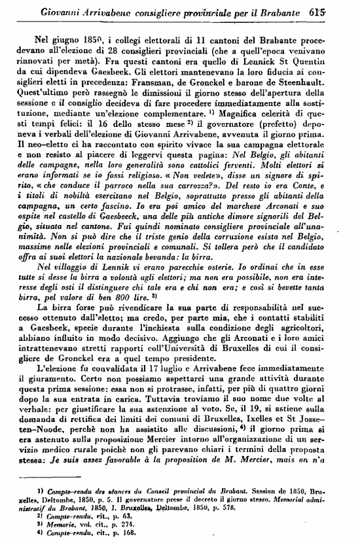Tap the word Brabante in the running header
click(x=307, y=10)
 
